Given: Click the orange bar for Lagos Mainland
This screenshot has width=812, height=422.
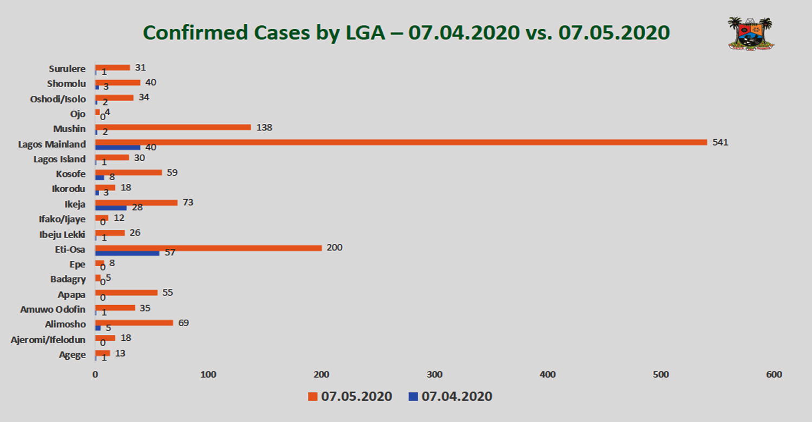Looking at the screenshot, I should point(401,142).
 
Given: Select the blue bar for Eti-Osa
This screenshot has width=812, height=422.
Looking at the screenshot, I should point(127,253).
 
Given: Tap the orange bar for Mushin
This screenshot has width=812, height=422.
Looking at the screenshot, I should point(173,127).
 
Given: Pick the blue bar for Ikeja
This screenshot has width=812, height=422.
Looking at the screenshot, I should point(111,208).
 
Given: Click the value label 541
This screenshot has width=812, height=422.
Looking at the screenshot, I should point(721,143).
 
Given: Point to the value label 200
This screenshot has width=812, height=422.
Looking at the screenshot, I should point(335,248).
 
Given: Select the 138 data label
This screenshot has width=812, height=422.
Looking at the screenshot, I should point(264,128).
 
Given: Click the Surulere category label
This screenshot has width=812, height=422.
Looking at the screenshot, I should point(67,69).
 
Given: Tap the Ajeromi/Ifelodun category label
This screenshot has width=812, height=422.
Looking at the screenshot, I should point(48,340).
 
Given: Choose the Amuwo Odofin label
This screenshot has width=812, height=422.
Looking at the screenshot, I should point(53,309).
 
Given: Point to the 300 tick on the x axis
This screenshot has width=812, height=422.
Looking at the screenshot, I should point(435,374).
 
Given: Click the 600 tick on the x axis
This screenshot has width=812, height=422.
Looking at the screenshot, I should point(774,374).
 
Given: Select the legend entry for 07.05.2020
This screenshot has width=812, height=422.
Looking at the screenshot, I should point(350,397).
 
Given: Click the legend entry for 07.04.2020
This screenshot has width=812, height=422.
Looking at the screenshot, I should point(450,397).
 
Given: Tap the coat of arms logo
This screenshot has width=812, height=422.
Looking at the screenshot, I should point(751,34).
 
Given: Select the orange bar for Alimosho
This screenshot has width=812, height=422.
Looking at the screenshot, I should point(134,323).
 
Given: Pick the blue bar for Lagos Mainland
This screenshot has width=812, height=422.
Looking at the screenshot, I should point(117,147).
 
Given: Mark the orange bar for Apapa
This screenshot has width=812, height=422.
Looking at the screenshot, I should point(126,293).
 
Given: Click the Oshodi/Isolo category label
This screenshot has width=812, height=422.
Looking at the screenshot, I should point(57,99).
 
